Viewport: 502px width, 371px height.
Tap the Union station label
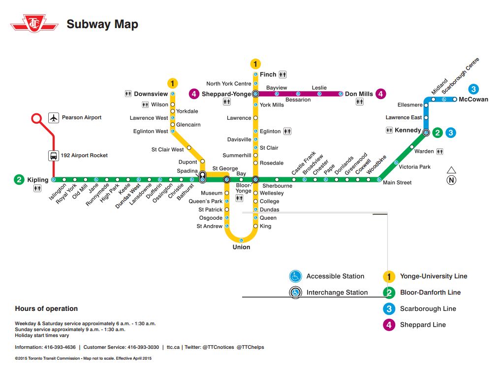(x=241, y=247)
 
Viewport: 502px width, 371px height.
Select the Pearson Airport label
(x=82, y=118)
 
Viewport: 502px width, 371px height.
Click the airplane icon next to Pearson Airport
(x=54, y=118)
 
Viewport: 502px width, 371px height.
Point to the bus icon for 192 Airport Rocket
(x=53, y=156)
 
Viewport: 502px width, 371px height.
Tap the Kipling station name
(x=38, y=180)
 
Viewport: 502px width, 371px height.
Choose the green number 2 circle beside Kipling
(x=19, y=180)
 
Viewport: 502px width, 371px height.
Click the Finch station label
(x=268, y=75)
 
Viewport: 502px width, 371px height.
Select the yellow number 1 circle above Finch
(x=255, y=64)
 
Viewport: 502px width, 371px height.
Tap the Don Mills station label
(x=359, y=94)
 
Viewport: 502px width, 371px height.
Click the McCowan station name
(x=473, y=100)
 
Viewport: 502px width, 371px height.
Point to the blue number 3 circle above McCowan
(x=473, y=89)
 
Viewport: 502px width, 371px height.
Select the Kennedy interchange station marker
(x=426, y=132)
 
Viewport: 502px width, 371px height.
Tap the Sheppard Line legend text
(x=423, y=325)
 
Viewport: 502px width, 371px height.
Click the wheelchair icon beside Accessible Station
(x=295, y=276)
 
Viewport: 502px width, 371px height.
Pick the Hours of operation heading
(x=46, y=309)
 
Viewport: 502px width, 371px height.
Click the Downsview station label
(x=151, y=94)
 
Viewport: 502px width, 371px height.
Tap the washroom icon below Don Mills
(x=360, y=102)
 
